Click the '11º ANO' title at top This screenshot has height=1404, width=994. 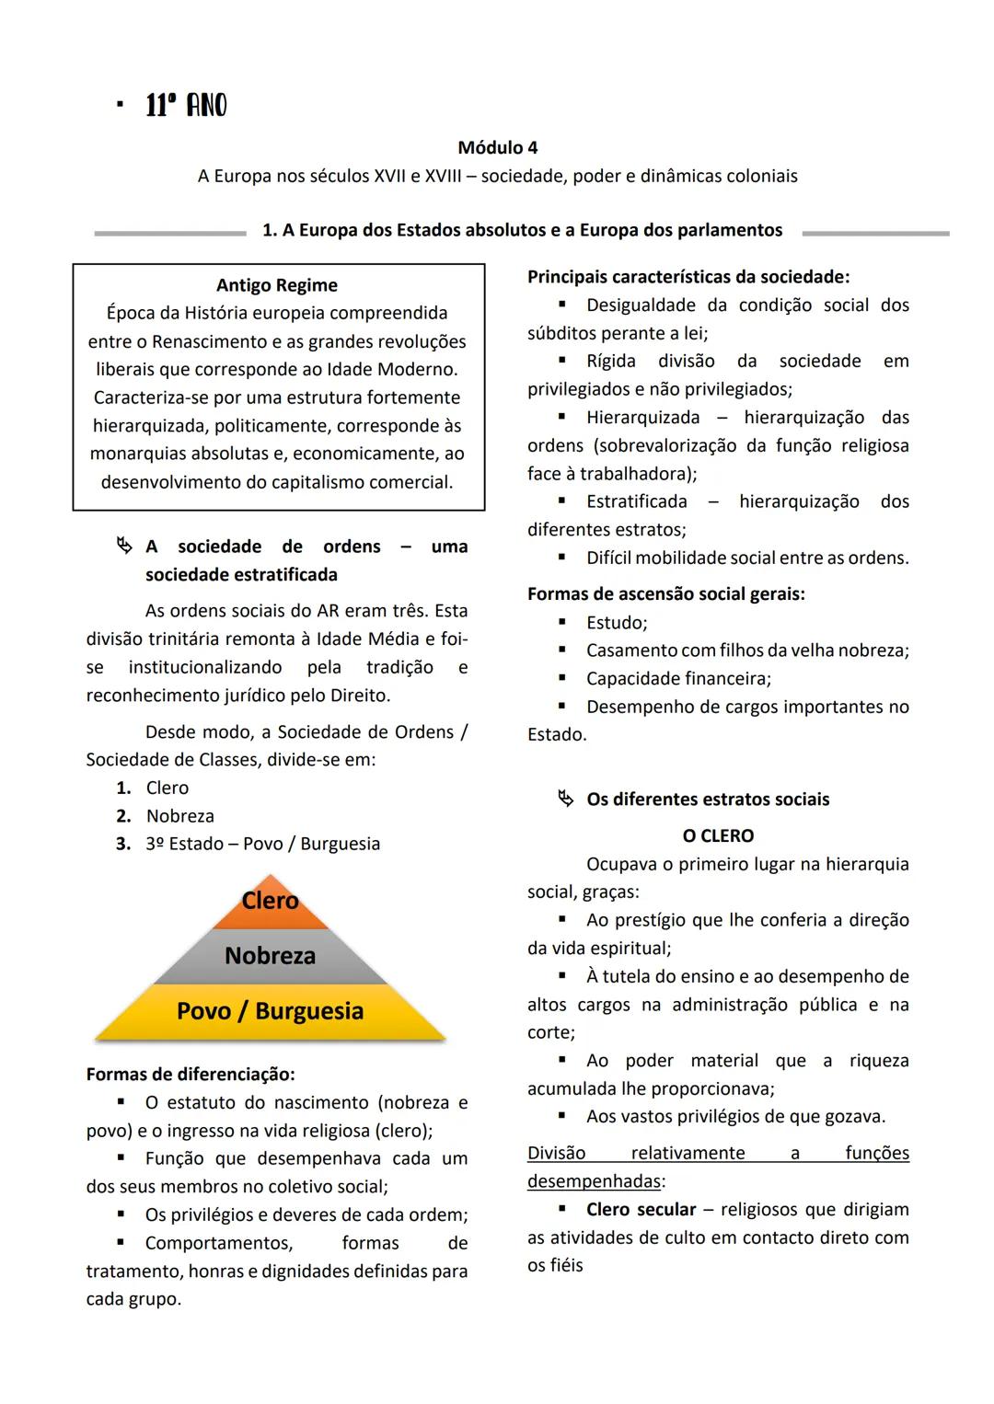click(x=186, y=106)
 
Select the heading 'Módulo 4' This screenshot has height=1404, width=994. click(x=497, y=147)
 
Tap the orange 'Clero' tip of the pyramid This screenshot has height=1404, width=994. click(x=270, y=901)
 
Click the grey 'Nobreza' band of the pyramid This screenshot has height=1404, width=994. click(x=270, y=956)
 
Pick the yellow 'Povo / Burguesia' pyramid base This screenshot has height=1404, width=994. click(x=270, y=1011)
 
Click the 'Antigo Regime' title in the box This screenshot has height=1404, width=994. click(x=277, y=285)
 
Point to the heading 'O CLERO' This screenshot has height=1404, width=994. click(x=718, y=836)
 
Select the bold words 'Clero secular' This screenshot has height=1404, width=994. click(x=641, y=1210)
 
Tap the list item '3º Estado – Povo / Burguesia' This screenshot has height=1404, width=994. click(x=262, y=844)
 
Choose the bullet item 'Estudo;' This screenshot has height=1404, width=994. click(x=617, y=623)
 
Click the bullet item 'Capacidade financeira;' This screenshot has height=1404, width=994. click(x=678, y=679)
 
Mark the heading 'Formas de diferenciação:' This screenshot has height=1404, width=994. click(x=191, y=1075)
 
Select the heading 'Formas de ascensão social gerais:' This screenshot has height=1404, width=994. click(x=665, y=594)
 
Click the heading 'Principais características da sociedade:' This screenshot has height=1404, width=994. click(x=688, y=277)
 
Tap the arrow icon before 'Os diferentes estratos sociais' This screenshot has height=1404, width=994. click(x=565, y=800)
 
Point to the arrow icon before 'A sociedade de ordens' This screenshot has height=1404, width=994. click(x=124, y=547)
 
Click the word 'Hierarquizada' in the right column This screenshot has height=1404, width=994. click(x=642, y=418)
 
